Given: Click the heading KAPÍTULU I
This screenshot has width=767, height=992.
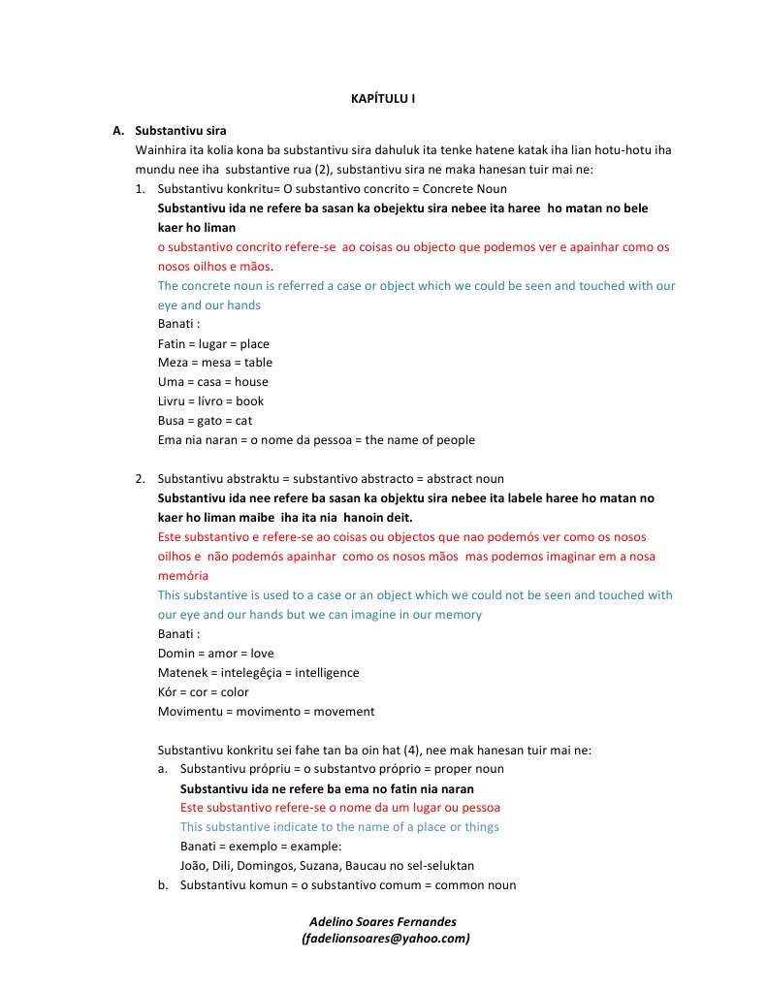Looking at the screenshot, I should click(383, 99).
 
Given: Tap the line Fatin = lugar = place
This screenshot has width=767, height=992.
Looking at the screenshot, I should click(213, 343).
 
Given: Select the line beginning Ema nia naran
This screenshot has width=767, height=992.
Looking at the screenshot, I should click(316, 440).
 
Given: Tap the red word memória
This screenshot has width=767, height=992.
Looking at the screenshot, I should click(183, 575).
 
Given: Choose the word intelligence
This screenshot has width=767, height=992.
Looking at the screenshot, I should click(327, 673).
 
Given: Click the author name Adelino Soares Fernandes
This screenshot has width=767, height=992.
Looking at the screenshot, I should click(382, 921).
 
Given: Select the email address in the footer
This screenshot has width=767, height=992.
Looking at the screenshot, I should click(385, 939).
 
